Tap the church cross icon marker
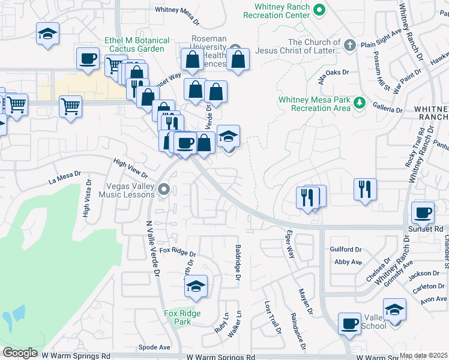(x=350, y=45)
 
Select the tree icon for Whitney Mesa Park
(x=360, y=103)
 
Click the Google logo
(x=20, y=353)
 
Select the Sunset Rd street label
(x=431, y=229)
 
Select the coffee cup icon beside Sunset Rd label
(x=423, y=212)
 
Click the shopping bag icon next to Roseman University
(x=238, y=59)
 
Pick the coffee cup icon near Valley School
(x=349, y=323)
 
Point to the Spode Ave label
(x=154, y=347)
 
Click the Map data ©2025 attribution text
(x=423, y=355)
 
